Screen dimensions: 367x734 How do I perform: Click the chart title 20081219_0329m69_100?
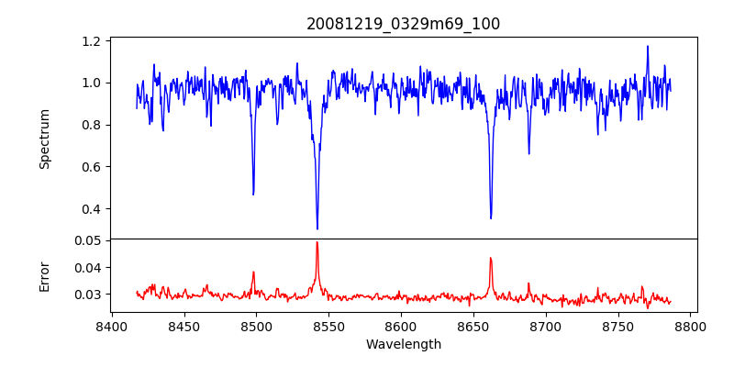(x=403, y=24)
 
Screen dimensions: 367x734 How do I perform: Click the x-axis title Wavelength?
(x=403, y=344)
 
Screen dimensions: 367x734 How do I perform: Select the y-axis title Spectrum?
(x=45, y=139)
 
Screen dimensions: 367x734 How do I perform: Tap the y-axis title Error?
(x=45, y=274)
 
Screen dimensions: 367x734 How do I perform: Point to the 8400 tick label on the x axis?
(x=111, y=326)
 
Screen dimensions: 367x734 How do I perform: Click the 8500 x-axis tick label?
(x=256, y=326)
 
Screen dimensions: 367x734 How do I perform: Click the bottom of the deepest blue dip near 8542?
(x=317, y=228)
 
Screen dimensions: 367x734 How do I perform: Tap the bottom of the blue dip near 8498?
(x=253, y=194)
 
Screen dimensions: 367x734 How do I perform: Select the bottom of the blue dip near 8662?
(x=491, y=218)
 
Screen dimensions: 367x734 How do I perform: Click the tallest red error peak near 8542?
(x=317, y=242)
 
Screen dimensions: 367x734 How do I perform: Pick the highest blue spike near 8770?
(x=647, y=46)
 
